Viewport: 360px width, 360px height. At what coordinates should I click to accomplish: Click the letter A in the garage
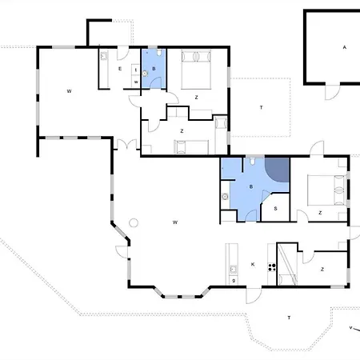[344, 47]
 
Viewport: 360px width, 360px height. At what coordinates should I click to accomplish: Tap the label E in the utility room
[120, 69]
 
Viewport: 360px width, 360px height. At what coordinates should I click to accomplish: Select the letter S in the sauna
[275, 209]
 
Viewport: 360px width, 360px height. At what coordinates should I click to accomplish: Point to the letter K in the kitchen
[253, 264]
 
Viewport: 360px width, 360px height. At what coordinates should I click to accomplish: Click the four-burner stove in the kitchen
[272, 267]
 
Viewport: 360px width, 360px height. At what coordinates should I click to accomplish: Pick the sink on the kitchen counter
[233, 269]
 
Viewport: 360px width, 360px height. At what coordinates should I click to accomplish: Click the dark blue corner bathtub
[277, 170]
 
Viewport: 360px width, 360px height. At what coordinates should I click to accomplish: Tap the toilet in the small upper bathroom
[159, 52]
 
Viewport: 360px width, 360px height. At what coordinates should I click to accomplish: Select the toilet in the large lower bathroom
[252, 161]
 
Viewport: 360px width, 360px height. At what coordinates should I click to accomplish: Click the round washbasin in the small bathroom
[145, 74]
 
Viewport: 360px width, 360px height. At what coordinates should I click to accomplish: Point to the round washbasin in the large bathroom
[225, 197]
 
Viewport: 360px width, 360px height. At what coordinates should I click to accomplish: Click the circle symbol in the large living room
[134, 222]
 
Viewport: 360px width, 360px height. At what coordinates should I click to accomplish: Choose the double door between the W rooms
[126, 145]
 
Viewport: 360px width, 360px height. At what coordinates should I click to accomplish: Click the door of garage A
[332, 92]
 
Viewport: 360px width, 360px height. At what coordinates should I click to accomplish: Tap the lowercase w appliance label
[136, 82]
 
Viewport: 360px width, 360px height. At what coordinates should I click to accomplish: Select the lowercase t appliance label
[136, 70]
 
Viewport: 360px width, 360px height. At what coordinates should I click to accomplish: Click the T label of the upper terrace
[261, 107]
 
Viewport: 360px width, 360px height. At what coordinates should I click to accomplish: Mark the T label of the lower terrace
[289, 318]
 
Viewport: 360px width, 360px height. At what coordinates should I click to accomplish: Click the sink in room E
[103, 56]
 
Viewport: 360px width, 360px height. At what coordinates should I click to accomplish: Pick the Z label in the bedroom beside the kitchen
[322, 270]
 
